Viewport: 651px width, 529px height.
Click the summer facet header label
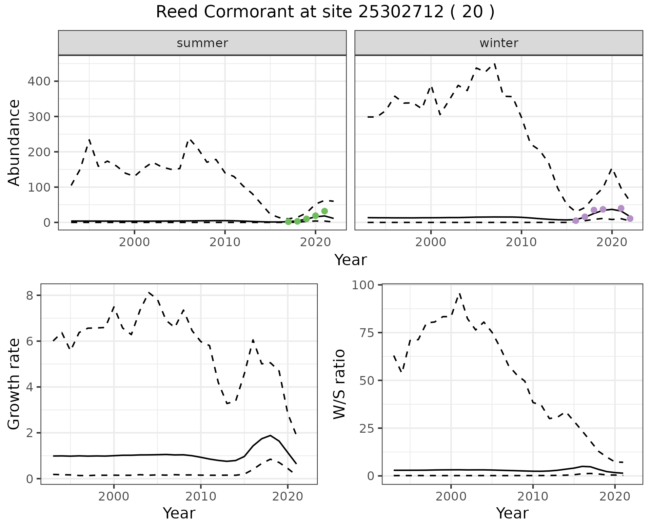[202, 43]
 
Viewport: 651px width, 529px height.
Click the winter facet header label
[499, 43]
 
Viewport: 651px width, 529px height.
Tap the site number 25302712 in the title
[401, 12]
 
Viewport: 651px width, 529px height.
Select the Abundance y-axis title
[14, 142]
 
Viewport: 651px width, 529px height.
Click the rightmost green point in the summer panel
[324, 211]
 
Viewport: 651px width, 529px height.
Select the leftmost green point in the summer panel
[288, 222]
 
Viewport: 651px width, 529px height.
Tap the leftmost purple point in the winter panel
[576, 221]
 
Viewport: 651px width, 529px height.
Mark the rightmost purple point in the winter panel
[630, 218]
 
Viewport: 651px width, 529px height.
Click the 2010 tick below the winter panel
[521, 242]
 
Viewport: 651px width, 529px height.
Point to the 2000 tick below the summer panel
[135, 242]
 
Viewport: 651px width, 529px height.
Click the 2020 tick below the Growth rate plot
[288, 496]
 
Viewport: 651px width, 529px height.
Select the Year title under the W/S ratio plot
[512, 513]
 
